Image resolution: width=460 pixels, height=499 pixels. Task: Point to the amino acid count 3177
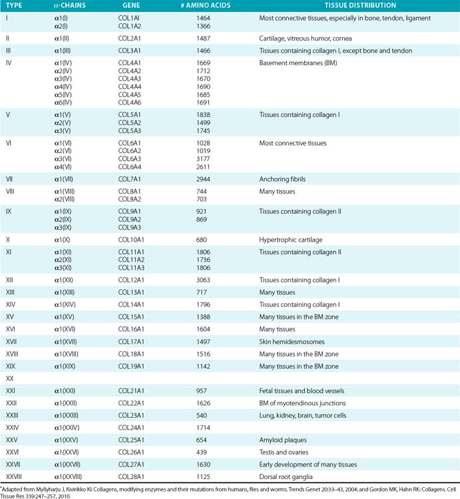coord(204,159)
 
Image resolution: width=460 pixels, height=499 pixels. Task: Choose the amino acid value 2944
coord(204,179)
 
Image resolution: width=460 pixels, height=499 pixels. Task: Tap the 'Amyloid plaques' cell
coord(282,440)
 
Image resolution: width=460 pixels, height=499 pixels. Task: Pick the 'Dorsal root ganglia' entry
coord(288,476)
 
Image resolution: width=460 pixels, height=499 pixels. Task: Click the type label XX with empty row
coord(10,378)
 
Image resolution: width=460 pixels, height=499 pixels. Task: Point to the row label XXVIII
coord(15,476)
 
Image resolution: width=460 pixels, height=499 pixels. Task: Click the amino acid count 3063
coord(204,280)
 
